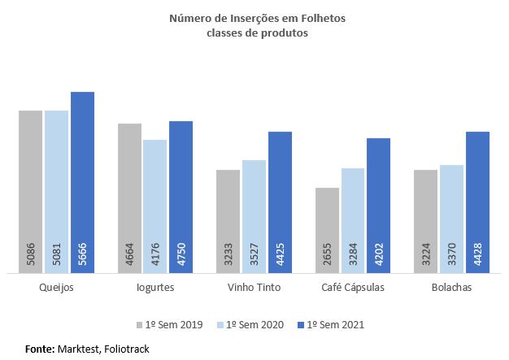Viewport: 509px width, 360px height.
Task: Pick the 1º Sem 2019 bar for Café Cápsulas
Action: (327, 231)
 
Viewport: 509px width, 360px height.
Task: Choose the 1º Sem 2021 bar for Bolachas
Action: (477, 203)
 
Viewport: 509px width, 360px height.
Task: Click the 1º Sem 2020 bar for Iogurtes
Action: (155, 207)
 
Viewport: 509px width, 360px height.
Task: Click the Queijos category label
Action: (56, 287)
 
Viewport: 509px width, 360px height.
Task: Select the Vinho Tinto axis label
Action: (254, 287)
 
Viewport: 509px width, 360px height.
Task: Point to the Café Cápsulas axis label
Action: (353, 287)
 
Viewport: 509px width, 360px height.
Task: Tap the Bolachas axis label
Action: (451, 287)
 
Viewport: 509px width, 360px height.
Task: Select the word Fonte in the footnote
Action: (39, 349)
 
